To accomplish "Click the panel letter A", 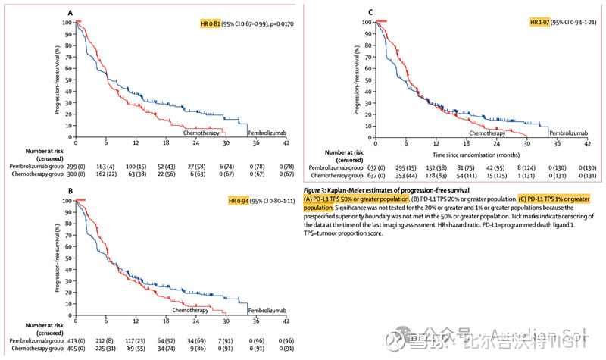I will (x=70, y=13).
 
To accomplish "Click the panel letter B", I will (x=70, y=192).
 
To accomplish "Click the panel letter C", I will (x=370, y=13).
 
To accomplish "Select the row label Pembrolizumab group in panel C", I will (x=335, y=167).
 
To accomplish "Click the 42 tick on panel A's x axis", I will (x=286, y=142).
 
